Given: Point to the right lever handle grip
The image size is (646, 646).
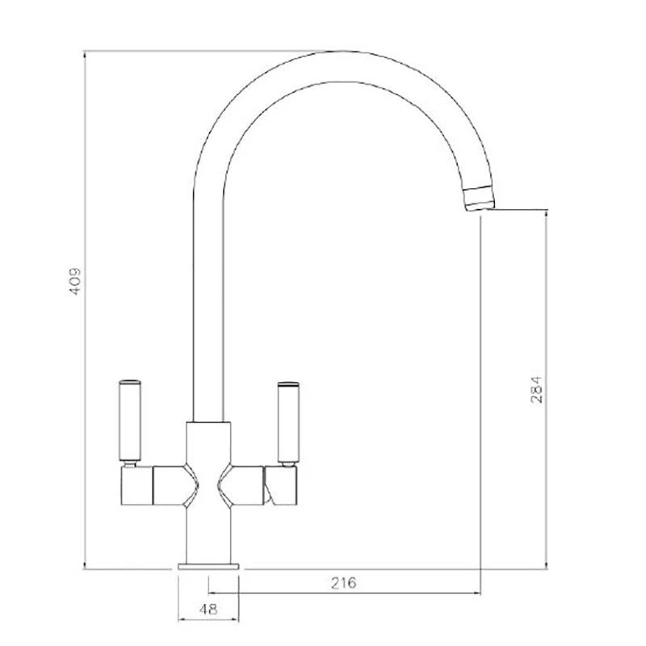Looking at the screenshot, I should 287,422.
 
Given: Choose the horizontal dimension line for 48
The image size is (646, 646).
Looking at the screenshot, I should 209,621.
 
